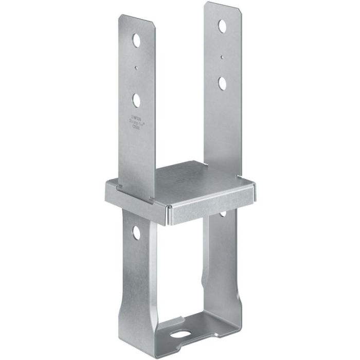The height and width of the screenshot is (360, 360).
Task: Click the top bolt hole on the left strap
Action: click(x=136, y=41)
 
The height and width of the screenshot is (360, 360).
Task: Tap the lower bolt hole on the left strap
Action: click(x=136, y=99)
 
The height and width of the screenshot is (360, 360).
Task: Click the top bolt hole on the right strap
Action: click(x=222, y=25)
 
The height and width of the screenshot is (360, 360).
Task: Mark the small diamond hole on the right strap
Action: click(x=221, y=58)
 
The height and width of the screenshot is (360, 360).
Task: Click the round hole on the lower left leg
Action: click(x=136, y=232)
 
